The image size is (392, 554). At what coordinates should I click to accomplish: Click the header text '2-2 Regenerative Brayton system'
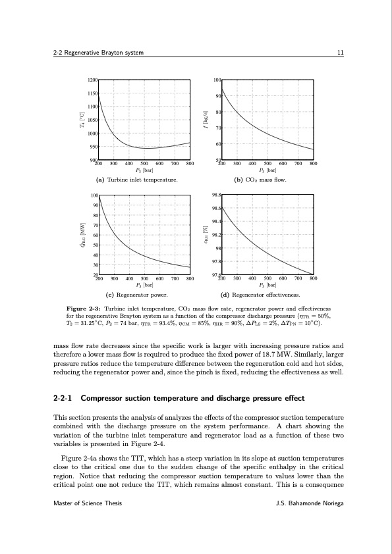pos(98,53)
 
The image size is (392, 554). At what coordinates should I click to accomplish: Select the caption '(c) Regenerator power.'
pos(136,295)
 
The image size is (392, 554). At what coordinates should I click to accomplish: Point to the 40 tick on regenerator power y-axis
pos(95,255)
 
